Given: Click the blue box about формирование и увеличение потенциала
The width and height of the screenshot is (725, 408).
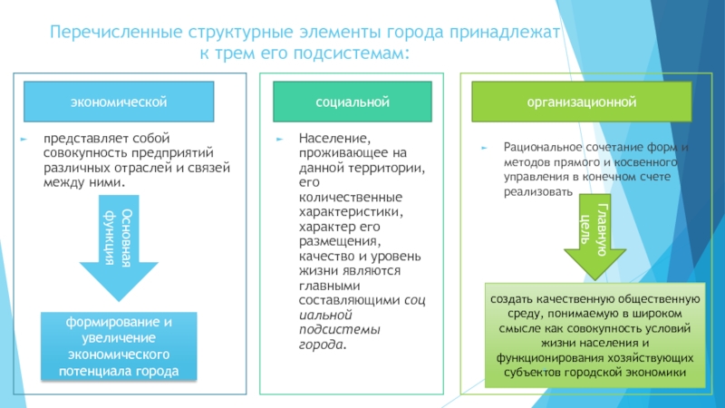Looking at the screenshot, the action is tap(119, 345).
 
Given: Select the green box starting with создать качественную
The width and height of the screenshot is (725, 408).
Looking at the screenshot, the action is tap(593, 335).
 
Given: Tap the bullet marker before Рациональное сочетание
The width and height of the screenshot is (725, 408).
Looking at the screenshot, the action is tap(484, 148).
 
